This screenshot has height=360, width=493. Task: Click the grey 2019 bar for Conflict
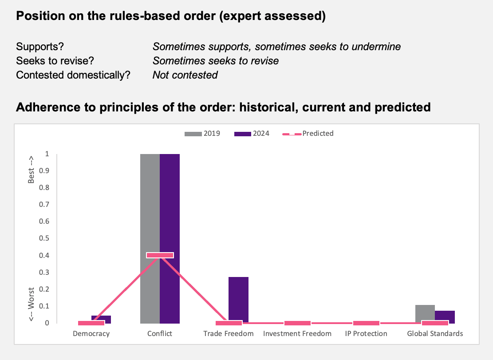[x=150, y=239]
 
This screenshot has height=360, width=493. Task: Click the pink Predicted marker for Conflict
[x=160, y=255]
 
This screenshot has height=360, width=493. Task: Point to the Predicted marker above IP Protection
[x=366, y=323]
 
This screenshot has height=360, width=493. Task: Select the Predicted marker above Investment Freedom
[x=297, y=323]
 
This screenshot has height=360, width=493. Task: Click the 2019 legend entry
[x=202, y=134]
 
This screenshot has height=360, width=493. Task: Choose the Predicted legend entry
[x=308, y=134]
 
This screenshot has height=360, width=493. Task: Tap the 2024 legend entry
[x=252, y=134]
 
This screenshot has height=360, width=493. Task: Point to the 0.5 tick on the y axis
[x=44, y=238]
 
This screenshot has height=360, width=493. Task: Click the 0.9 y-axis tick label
[x=44, y=171]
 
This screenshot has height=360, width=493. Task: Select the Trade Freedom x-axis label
[x=228, y=334]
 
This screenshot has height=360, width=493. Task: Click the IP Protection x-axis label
[x=366, y=334]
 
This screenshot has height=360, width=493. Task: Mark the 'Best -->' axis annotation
[x=31, y=170]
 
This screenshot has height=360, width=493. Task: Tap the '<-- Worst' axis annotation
[x=31, y=305]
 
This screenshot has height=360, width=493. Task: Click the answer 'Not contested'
[x=185, y=75]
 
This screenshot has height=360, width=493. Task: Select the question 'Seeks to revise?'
[x=55, y=61]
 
